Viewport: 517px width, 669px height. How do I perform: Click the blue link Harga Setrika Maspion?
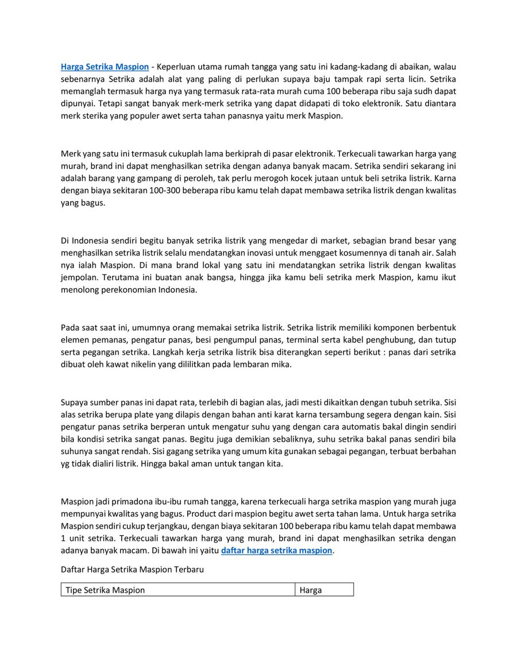coord(105,67)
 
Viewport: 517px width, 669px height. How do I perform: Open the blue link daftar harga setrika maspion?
coord(276,550)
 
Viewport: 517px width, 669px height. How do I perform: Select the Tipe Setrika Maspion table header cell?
coord(105,590)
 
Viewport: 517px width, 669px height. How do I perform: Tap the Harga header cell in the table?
coord(311,590)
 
